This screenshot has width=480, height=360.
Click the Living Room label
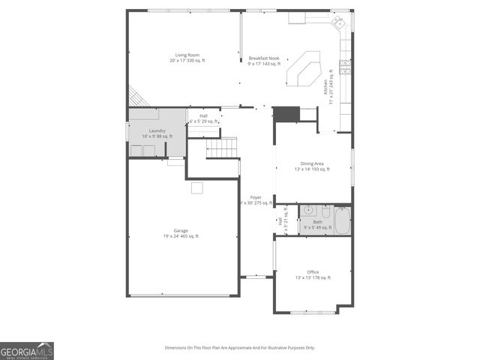tap(187, 57)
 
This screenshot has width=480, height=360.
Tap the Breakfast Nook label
tap(263, 61)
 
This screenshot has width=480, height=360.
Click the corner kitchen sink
tap(340, 23)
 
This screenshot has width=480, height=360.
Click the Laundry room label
tap(157, 133)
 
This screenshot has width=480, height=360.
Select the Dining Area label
tap(312, 166)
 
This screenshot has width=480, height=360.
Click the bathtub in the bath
tap(341, 220)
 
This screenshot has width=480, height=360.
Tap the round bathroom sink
tap(307, 209)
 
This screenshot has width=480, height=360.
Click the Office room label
tap(312, 274)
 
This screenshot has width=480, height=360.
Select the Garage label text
tap(181, 233)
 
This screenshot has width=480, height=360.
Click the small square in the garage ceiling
tap(196, 188)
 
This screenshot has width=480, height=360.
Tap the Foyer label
tap(255, 199)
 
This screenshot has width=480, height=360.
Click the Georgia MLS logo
tap(27, 351)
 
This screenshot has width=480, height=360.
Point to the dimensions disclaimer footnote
tap(240, 347)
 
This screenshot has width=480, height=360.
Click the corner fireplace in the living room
tap(136, 97)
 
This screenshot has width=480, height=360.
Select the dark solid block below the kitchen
tap(285, 114)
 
